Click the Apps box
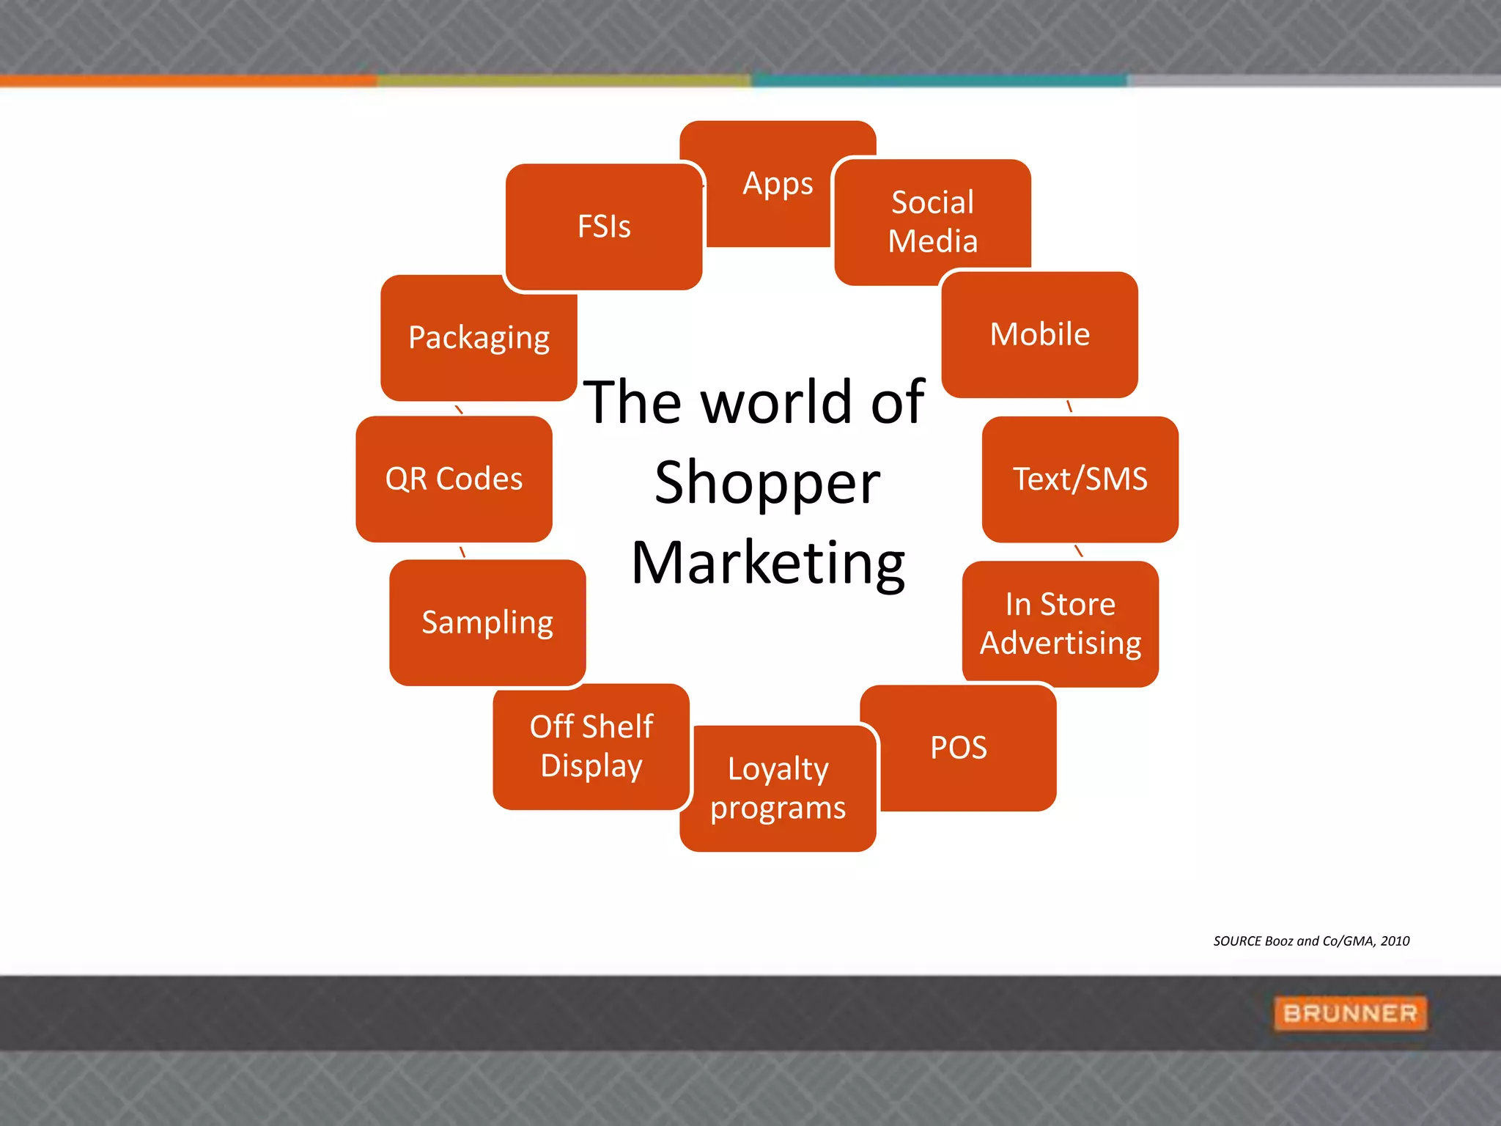777,183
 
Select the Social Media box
932,221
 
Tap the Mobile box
1039,334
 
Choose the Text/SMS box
1080,479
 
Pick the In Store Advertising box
1060,623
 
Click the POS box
959,748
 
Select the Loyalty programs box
778,789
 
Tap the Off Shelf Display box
591,746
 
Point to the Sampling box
487,622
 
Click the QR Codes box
454,479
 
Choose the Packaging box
479,338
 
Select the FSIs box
604,227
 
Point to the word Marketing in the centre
768,563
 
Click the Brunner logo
1350,1013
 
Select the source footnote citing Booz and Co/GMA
1310,941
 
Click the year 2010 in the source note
1395,941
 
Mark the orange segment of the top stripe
188,81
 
